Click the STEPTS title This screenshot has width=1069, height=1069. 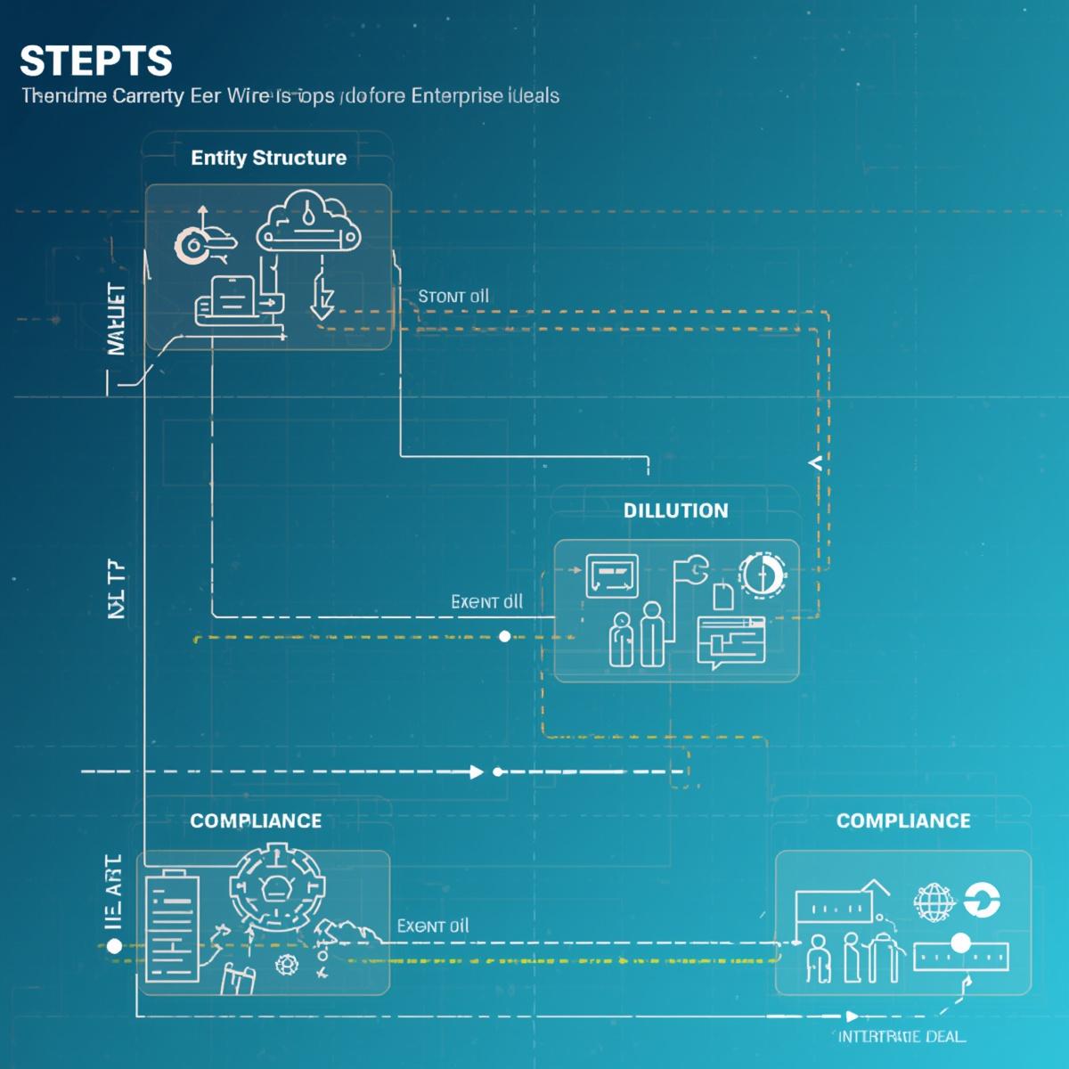[x=95, y=61]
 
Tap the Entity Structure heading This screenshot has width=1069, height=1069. [x=268, y=158]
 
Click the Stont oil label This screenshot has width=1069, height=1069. [x=453, y=297]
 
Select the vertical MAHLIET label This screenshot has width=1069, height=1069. [x=116, y=319]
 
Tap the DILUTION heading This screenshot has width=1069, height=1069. [x=675, y=510]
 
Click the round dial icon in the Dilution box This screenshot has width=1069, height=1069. [x=762, y=575]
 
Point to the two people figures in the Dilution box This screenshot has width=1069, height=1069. [x=637, y=634]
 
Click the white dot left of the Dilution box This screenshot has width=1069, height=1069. [x=505, y=636]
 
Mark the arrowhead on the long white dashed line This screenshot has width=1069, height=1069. [x=477, y=771]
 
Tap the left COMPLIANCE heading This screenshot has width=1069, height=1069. [x=256, y=820]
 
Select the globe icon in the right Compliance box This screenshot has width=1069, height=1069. [x=933, y=902]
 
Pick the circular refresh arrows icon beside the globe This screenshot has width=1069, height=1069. [x=983, y=901]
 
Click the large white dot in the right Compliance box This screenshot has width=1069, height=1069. [x=960, y=943]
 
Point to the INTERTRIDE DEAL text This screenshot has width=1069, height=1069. [x=901, y=1037]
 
